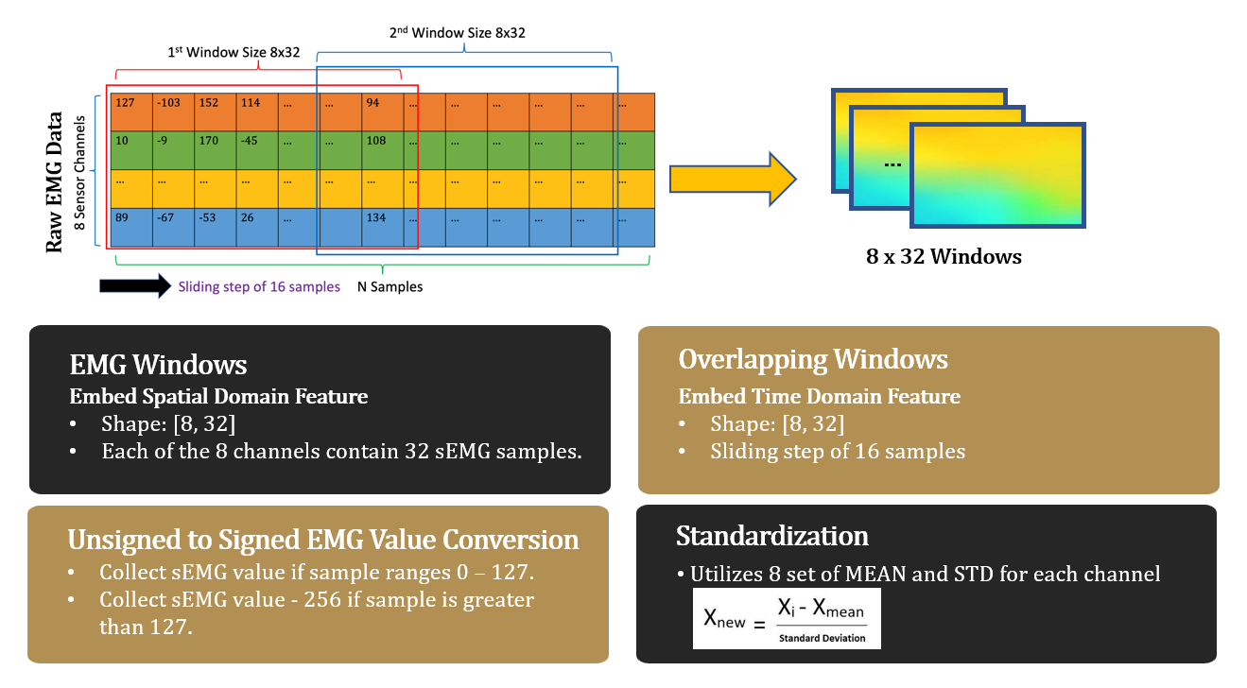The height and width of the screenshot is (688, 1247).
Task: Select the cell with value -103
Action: tap(173, 112)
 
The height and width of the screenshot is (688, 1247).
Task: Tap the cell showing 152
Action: tap(215, 112)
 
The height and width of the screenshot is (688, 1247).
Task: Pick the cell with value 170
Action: tap(215, 149)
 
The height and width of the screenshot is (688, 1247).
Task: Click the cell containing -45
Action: tap(256, 149)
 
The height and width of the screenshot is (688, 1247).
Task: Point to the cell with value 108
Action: tap(382, 149)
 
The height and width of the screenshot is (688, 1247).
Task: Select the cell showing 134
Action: tap(382, 227)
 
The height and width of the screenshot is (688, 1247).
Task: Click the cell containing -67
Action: tap(173, 227)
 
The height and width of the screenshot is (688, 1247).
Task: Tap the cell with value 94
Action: tap(382, 112)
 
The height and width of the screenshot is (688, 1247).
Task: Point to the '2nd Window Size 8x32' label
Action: tap(457, 32)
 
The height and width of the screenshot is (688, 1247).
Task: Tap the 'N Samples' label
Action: tap(390, 286)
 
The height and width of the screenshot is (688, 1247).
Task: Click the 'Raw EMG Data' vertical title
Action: tap(55, 182)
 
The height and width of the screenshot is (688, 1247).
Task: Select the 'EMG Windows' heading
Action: tap(159, 365)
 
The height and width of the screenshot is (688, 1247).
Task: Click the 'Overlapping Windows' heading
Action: tap(813, 359)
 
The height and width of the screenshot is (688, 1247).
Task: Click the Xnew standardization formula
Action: tap(787, 618)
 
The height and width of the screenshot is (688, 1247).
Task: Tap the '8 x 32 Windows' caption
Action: tap(944, 256)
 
